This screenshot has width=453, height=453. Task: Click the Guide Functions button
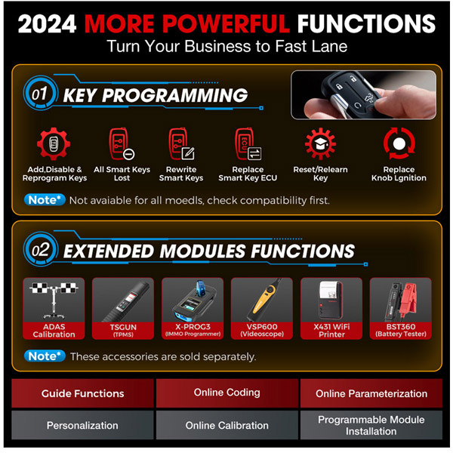click(x=83, y=393)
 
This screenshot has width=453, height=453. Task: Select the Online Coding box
click(x=226, y=393)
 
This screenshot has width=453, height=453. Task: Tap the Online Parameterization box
click(x=371, y=393)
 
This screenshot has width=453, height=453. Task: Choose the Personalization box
click(x=83, y=425)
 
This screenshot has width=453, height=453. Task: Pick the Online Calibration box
click(x=226, y=425)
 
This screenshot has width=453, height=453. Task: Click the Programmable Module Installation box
click(x=371, y=425)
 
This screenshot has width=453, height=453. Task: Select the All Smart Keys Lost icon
click(x=122, y=144)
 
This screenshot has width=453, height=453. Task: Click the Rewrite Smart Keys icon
click(x=181, y=144)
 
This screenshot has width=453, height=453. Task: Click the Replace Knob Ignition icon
click(x=398, y=144)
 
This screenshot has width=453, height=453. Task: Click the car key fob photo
click(x=363, y=94)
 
